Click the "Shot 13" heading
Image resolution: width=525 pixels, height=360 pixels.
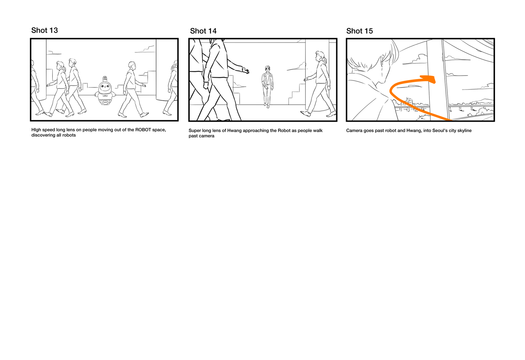click(45, 30)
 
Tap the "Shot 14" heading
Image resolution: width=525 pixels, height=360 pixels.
click(203, 31)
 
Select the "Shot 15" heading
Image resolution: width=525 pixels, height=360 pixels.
click(360, 31)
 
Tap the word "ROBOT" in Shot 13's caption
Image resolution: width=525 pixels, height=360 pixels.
click(143, 130)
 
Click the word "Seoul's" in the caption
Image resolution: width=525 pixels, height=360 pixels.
click(439, 130)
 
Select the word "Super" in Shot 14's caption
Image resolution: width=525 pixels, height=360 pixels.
click(195, 131)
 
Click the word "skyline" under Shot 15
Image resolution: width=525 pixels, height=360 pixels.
click(464, 131)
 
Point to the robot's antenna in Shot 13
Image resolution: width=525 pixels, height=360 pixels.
click(105, 79)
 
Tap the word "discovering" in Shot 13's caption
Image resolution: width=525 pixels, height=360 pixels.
click(43, 135)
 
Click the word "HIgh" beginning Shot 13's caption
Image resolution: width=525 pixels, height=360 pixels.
click(36, 130)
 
